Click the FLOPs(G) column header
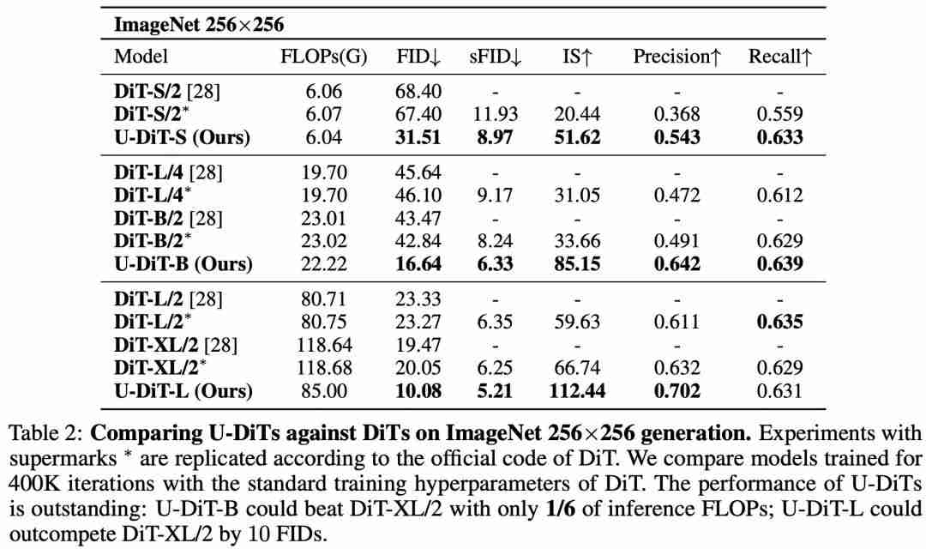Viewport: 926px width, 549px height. pyautogui.click(x=323, y=57)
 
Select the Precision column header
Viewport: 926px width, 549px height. pyautogui.click(x=676, y=57)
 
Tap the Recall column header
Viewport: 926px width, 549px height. pyautogui.click(x=780, y=57)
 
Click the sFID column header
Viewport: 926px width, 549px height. pyautogui.click(x=495, y=57)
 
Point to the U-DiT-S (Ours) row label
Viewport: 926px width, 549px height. pyautogui.click(x=182, y=137)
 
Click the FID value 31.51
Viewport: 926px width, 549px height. pyautogui.click(x=418, y=137)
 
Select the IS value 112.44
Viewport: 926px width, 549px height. pyautogui.click(x=577, y=390)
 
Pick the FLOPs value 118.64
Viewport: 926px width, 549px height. pyautogui.click(x=323, y=345)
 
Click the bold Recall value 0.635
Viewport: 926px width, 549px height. pyautogui.click(x=780, y=322)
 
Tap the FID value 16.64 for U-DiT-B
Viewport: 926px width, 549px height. pyautogui.click(x=418, y=263)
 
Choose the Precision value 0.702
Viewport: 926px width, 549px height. pyautogui.click(x=676, y=390)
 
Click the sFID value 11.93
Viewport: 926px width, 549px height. pyautogui.click(x=495, y=114)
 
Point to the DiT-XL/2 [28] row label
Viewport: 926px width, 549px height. pyautogui.click(x=176, y=345)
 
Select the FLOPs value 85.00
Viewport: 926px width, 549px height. pyautogui.click(x=323, y=390)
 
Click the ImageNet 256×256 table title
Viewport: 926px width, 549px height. pyautogui.click(x=198, y=25)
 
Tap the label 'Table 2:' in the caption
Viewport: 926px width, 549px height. pyautogui.click(x=46, y=433)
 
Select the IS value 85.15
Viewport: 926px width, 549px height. pyautogui.click(x=577, y=263)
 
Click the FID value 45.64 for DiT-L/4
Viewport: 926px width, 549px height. pyautogui.click(x=418, y=172)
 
